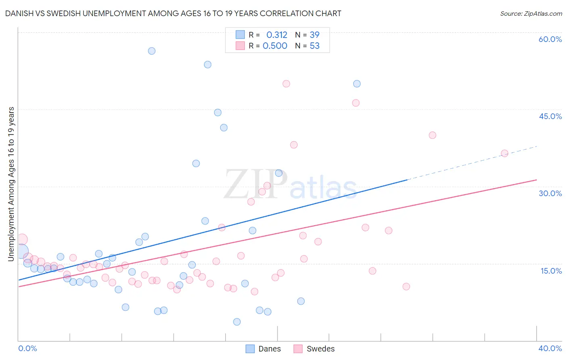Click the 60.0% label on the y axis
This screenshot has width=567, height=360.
point(550,39)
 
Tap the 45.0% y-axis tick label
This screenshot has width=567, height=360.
point(550,116)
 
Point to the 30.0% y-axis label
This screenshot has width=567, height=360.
point(550,193)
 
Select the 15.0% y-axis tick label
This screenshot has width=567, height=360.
point(551,271)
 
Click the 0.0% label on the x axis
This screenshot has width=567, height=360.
point(28,348)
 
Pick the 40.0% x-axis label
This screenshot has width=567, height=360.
point(550,348)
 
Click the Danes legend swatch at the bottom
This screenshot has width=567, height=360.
point(250,349)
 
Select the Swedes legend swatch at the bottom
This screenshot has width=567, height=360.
point(298,349)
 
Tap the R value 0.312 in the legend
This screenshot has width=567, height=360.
point(277,35)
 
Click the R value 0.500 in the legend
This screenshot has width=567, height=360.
point(275,46)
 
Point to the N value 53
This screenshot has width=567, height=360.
point(315,46)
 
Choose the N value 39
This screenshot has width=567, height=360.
point(315,35)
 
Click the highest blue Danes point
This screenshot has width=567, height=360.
point(152,51)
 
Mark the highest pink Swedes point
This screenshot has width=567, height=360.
point(286,84)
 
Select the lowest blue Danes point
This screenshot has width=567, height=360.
point(237,322)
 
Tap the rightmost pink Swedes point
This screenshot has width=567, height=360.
point(504,153)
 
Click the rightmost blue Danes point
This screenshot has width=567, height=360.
point(357,84)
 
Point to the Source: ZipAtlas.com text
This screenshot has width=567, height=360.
point(531,13)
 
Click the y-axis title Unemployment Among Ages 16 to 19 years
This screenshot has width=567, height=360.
point(11,184)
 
